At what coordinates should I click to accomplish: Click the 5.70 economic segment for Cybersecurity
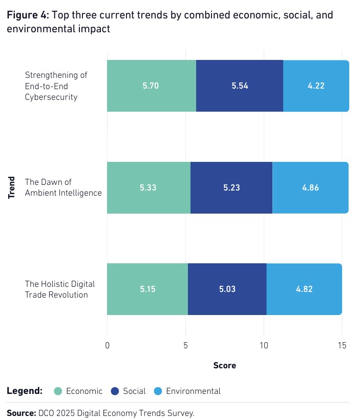click(151, 86)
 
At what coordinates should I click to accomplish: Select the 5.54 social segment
click(240, 86)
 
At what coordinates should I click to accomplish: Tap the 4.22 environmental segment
click(316, 86)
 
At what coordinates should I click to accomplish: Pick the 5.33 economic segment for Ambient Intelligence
click(149, 187)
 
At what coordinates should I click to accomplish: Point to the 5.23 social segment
click(231, 187)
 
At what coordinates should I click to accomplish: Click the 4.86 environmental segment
click(310, 187)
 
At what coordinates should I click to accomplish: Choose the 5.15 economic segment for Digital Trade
click(147, 289)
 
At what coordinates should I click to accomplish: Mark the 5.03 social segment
click(227, 289)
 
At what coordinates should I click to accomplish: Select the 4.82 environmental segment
click(304, 289)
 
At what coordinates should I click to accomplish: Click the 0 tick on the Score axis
click(107, 346)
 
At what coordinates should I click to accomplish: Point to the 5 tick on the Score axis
click(185, 346)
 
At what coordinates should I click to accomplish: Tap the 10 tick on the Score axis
click(263, 346)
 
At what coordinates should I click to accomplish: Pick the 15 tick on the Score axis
click(342, 346)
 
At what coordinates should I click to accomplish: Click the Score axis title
click(224, 365)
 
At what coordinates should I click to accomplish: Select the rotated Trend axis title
click(12, 187)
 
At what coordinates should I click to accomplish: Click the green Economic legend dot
click(58, 391)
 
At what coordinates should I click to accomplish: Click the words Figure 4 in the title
click(27, 15)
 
